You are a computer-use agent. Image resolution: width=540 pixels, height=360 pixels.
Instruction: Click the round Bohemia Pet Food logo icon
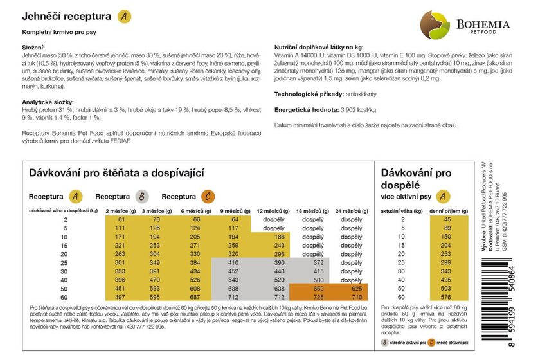pos(435,24)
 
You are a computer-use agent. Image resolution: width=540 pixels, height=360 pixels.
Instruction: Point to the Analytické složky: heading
pos(48,102)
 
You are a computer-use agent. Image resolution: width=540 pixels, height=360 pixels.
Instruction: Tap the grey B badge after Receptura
pos(143,196)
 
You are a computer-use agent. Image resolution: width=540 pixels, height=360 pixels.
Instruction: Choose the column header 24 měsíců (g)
pos(351,211)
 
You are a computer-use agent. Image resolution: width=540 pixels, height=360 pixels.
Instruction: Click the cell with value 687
pos(197,298)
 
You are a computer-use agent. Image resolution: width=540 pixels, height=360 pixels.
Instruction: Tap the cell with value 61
pos(122,220)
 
